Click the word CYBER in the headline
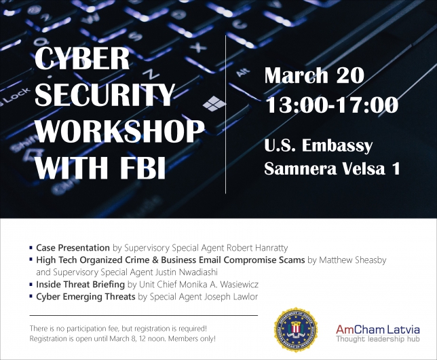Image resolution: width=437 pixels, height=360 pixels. [x=82, y=58]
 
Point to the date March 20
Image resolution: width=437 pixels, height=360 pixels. [x=314, y=75]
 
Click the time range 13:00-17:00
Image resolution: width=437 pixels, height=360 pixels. [x=332, y=105]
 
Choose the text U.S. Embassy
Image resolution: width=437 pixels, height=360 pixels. [x=318, y=145]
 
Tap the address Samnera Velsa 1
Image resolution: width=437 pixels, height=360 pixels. [x=332, y=168]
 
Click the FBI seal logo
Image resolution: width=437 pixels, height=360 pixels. [x=296, y=329]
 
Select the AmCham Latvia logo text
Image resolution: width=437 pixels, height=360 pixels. [x=378, y=329]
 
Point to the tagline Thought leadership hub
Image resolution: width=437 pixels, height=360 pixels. [x=378, y=339]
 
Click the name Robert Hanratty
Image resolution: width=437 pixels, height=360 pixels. [x=257, y=248]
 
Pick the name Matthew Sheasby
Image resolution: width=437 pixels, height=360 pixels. [x=353, y=260]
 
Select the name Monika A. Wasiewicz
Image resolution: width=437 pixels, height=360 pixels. [x=218, y=285]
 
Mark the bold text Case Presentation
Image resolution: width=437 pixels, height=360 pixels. [x=73, y=248]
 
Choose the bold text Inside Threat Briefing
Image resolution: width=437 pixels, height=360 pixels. [x=80, y=285]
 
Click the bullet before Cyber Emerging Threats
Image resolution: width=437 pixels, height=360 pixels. [x=31, y=296]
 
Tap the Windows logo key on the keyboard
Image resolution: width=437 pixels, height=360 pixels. [x=214, y=103]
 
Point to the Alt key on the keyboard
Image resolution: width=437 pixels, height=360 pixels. [x=242, y=72]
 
